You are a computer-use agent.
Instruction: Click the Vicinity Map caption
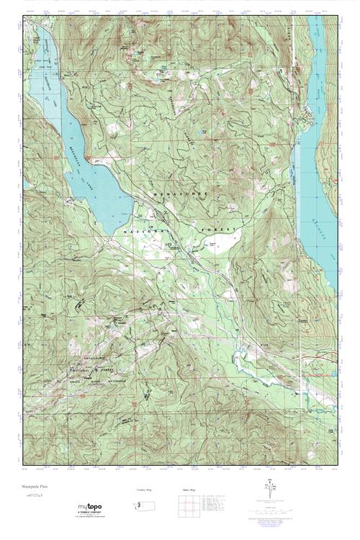144,490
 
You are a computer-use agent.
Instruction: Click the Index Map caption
185,490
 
